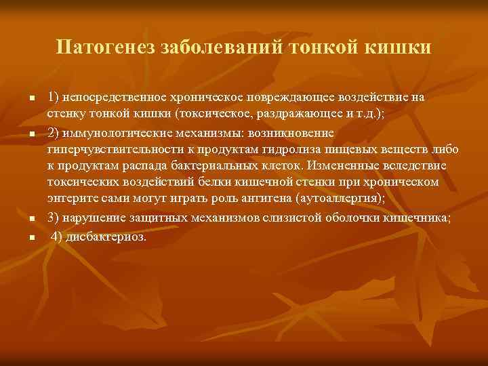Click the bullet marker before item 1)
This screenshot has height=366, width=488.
pyautogui.click(x=32, y=99)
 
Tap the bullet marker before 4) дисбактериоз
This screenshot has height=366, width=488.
pyautogui.click(x=32, y=238)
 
